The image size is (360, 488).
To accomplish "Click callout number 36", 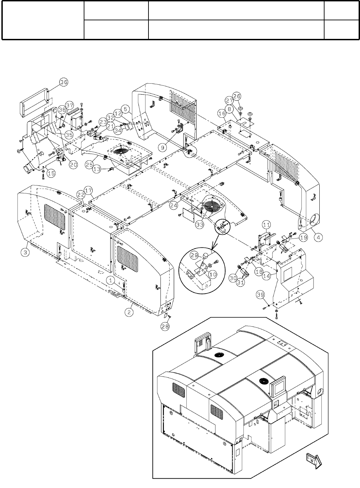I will click(x=64, y=82).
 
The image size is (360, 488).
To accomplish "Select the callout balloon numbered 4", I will click(x=318, y=237).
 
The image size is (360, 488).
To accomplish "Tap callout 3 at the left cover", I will click(x=26, y=252).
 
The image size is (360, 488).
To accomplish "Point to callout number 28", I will click(x=165, y=326).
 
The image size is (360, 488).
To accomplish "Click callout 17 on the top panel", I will click(x=89, y=190).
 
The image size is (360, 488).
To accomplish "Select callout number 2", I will click(x=129, y=312).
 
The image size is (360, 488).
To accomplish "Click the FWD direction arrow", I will click(x=313, y=460).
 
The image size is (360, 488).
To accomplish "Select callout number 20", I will click(x=73, y=165).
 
